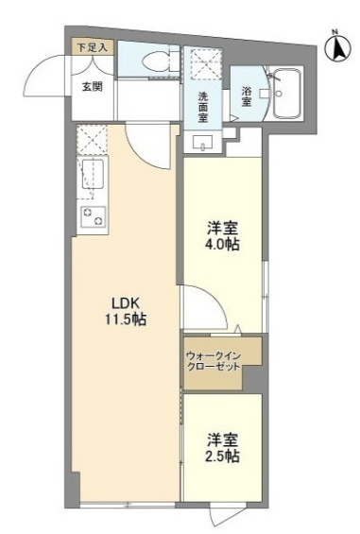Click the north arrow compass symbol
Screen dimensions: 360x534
point(337,47)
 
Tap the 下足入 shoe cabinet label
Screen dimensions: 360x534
point(92,48)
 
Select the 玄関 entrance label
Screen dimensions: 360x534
point(92,87)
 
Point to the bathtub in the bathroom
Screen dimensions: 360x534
point(287,93)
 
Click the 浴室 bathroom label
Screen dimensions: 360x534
point(247,96)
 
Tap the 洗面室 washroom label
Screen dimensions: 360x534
point(203,108)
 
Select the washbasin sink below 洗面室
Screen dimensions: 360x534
point(202,143)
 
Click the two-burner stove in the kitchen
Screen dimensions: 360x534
point(93,216)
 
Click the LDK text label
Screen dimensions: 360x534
point(126,302)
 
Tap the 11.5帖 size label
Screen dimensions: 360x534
point(126,319)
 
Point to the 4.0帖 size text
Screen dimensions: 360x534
point(222,244)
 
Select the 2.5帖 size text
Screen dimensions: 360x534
point(222,456)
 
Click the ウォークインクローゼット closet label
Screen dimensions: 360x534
point(214,362)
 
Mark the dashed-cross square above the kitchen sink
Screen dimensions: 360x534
point(92,139)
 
